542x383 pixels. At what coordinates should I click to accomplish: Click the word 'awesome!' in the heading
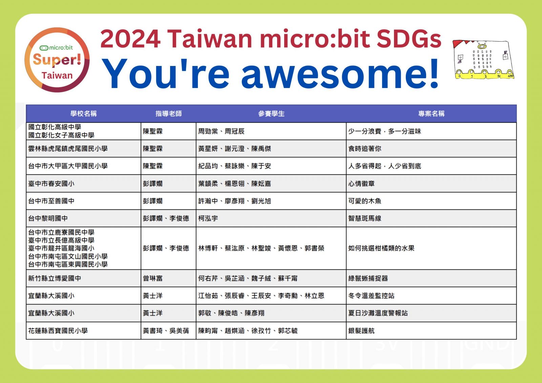340,73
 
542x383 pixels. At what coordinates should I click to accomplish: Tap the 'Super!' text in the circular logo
57,60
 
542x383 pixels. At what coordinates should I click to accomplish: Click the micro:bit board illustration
483,60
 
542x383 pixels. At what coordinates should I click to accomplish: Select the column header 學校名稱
83,114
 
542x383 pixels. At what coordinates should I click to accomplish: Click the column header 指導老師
169,114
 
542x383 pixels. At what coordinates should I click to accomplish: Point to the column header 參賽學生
271,114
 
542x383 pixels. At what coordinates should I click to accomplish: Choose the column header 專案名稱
432,114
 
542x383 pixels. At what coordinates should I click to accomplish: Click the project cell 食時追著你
364,149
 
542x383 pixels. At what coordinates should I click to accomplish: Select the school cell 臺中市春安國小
51,184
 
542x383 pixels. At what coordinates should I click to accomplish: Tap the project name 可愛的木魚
364,201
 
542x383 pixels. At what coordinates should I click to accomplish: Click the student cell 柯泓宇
208,219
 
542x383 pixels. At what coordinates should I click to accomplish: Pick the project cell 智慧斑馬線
364,219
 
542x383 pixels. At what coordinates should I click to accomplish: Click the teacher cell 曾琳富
153,278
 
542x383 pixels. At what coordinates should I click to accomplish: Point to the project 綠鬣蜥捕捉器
368,278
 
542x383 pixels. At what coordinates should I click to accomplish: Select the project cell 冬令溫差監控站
371,296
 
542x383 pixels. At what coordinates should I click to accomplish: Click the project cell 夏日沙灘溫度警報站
378,313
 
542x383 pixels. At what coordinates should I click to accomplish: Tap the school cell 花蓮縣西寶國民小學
58,331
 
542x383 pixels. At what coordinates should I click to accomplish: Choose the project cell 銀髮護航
361,331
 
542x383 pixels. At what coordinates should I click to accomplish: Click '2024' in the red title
130,39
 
